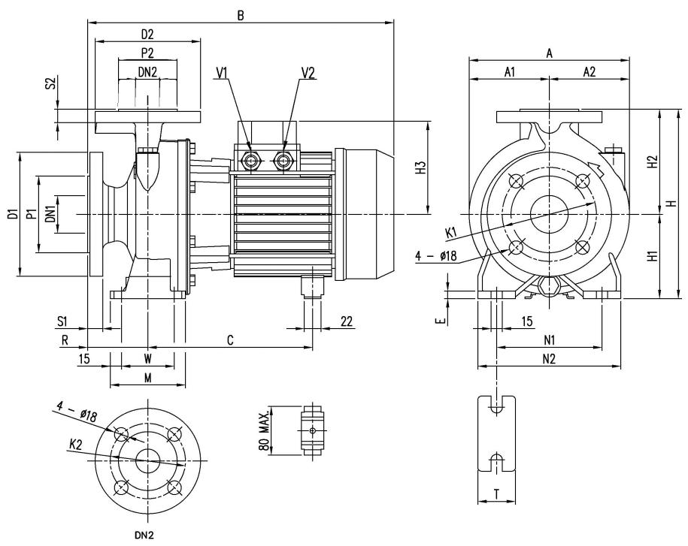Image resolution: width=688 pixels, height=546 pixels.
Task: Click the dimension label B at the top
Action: [241, 16]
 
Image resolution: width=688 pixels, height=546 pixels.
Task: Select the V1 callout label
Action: [222, 73]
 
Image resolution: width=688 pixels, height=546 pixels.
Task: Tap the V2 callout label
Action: [308, 73]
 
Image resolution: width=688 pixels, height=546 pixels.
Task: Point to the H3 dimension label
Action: [421, 167]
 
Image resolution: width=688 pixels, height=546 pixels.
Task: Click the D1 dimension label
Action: [14, 214]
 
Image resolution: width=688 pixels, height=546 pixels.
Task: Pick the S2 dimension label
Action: [51, 83]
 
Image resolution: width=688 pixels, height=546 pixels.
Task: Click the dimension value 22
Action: [346, 321]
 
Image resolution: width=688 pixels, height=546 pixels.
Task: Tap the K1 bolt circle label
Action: [451, 233]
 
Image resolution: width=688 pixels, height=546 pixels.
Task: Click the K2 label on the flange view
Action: [75, 445]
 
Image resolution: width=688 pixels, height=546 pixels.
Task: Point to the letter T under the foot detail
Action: [496, 495]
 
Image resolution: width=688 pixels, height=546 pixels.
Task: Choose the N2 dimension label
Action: [549, 359]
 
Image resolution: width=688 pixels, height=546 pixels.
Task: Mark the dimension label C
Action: [230, 340]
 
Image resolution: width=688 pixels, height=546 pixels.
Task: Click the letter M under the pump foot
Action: [148, 378]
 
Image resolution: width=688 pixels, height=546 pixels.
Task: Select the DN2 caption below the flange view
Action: [144, 535]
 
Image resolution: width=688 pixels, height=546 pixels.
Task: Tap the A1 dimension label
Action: [509, 72]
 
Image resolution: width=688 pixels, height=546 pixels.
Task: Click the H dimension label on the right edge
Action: [671, 204]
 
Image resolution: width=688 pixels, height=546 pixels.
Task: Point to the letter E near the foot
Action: [442, 321]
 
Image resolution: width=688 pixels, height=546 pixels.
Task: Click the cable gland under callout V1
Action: [251, 161]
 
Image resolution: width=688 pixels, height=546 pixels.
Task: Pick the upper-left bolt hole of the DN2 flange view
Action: [121, 434]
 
